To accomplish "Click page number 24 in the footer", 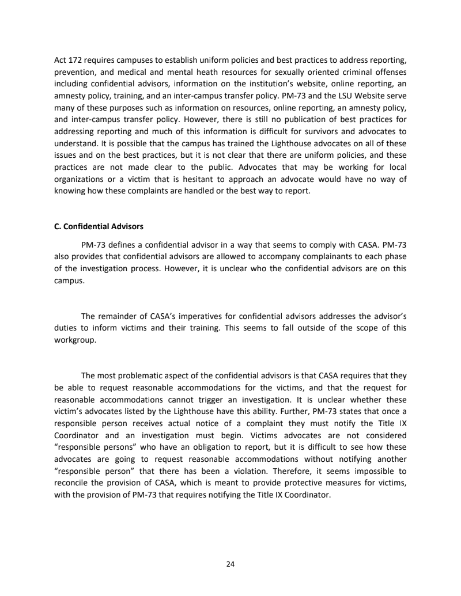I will click(231, 564).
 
